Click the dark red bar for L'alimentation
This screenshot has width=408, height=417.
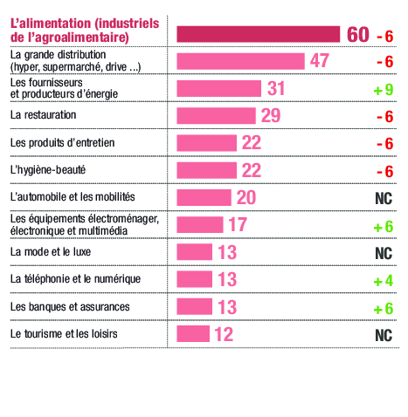(x=258, y=34)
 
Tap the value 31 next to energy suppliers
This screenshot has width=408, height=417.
(x=276, y=89)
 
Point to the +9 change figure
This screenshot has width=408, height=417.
(x=383, y=90)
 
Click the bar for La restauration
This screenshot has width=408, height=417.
(x=216, y=116)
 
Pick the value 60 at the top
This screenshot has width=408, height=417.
(x=357, y=34)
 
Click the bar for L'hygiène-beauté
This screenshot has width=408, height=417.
(x=206, y=170)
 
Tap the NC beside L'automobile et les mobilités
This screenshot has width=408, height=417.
(x=382, y=198)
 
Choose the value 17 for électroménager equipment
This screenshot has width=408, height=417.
(x=238, y=225)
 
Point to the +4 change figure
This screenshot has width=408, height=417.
(x=383, y=280)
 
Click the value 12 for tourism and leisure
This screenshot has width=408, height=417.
(x=224, y=334)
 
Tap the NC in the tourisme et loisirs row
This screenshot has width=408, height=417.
(x=382, y=334)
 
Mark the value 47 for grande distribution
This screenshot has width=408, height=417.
(x=319, y=61)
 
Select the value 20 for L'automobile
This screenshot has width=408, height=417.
(x=246, y=197)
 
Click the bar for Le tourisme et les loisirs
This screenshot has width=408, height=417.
(x=193, y=334)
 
